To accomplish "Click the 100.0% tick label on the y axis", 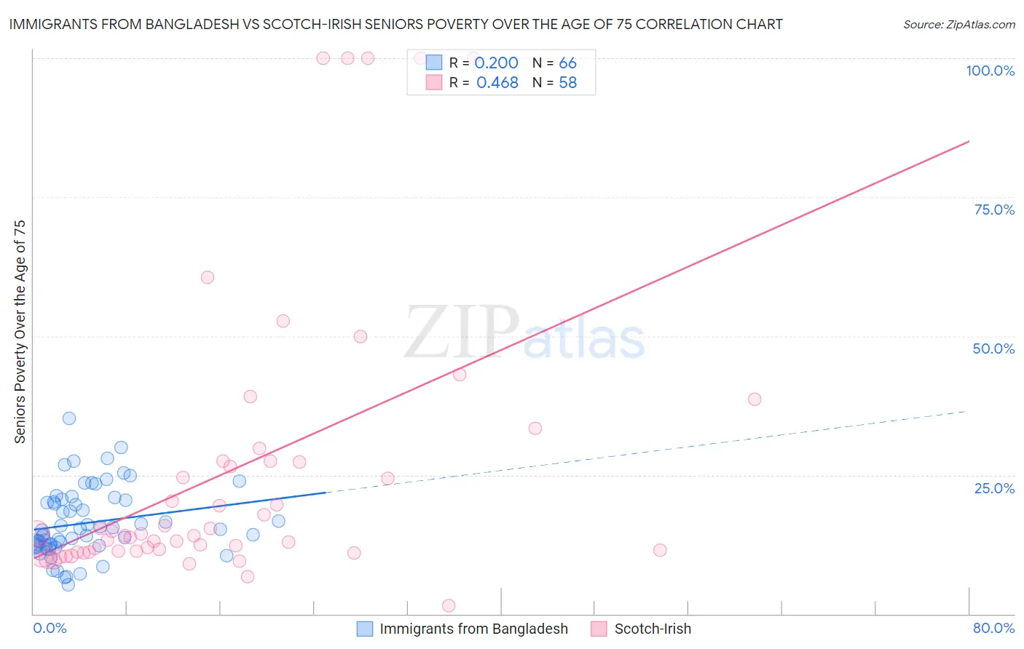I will coord(990,71).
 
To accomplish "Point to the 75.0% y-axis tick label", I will coord(994,210).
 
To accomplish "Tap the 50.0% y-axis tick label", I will coord(993,349).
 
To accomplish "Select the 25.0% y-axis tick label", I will coord(994,487).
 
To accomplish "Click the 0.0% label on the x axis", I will coord(50,628).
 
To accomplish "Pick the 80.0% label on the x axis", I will coord(993,628).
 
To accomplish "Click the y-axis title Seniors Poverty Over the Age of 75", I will coord(20,331).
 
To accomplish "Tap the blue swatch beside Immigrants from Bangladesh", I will coord(365,629).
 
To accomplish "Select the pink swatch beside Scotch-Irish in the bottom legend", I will coord(599,629).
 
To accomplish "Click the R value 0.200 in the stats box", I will coord(496,63).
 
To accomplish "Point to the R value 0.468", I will coord(497,83).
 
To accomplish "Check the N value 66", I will coord(567,63).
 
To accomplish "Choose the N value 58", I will coord(567,83).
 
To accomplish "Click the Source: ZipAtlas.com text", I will coord(958,25).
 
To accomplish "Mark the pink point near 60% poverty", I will coord(208,277).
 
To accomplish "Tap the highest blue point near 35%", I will coord(69,418).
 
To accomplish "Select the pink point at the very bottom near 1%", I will coord(449,605).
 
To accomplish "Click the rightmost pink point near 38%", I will coord(755,399).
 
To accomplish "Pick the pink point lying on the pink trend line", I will coord(460,375).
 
